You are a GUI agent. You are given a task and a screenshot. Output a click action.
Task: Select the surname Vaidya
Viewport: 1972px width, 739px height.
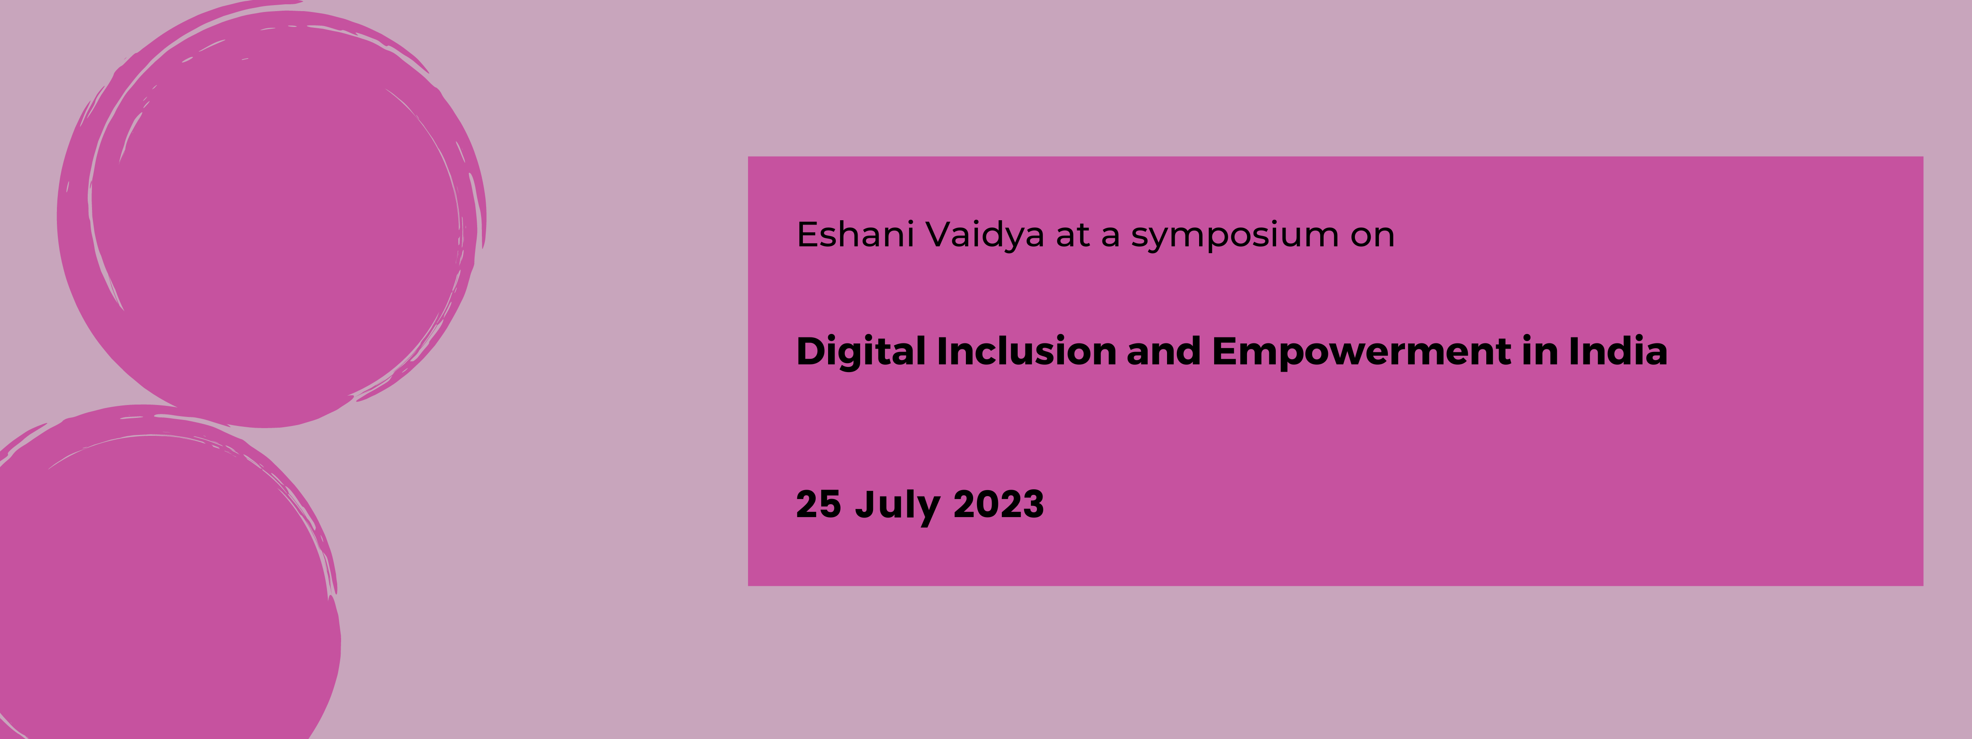(984, 235)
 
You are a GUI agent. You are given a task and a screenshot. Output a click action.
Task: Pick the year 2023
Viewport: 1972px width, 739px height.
(998, 504)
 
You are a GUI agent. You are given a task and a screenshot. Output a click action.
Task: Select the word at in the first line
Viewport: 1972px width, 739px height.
(1072, 235)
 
